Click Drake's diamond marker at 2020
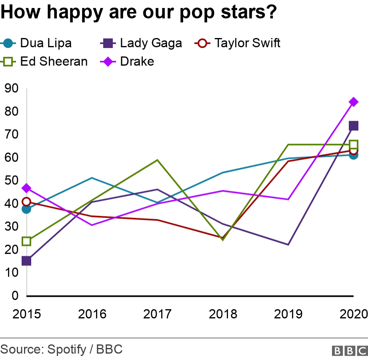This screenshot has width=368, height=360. (x=353, y=102)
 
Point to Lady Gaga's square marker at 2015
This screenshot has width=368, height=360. (x=26, y=261)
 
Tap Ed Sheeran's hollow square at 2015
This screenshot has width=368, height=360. (x=26, y=241)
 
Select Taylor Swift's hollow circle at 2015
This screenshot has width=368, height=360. (x=26, y=202)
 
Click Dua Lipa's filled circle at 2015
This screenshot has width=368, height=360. (x=26, y=209)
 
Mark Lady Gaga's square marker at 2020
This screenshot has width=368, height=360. (x=353, y=126)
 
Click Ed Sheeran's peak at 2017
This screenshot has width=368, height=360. (x=158, y=160)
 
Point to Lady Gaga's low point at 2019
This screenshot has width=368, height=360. (x=288, y=244)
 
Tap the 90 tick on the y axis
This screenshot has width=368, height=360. (x=12, y=88)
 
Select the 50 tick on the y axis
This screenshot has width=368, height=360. (x=12, y=180)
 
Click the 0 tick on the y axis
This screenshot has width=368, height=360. (x=15, y=296)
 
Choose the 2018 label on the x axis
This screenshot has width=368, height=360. (x=223, y=314)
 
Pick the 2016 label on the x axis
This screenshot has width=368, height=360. (x=92, y=314)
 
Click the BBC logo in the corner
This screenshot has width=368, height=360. (x=349, y=350)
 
